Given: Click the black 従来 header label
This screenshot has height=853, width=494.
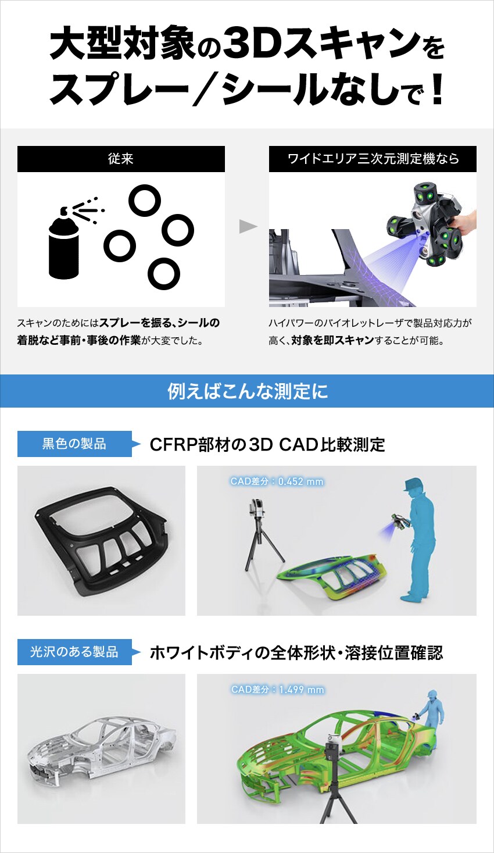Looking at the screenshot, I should click(x=121, y=159).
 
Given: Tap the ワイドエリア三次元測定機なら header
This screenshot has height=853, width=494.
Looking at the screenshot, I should click(x=373, y=159).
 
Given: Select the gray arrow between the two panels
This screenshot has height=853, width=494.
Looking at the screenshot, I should click(x=248, y=227).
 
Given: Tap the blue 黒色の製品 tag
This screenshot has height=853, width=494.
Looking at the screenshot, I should click(x=74, y=444).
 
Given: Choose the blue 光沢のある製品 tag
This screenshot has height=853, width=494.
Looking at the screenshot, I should click(x=74, y=652).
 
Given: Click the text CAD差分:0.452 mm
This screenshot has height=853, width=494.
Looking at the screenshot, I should click(x=277, y=481).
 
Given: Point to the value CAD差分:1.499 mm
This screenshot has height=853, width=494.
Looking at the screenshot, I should click(x=277, y=690).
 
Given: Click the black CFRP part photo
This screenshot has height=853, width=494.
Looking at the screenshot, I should click(x=101, y=541).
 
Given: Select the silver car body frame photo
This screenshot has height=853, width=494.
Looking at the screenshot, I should click(x=101, y=750).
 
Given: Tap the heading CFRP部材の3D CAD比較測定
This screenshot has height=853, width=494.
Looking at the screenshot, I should click(x=267, y=445).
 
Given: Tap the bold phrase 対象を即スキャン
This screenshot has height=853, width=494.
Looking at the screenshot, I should click(x=332, y=341).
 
